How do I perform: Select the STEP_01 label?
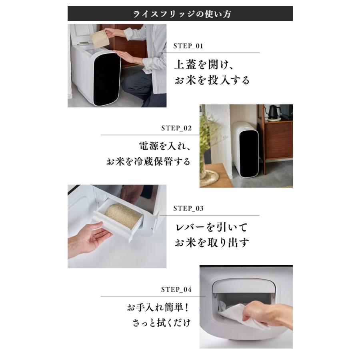[188, 46]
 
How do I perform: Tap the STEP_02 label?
[176, 128]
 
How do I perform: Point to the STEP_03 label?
[188, 209]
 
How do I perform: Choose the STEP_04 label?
[176, 289]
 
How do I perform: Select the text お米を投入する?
[212, 80]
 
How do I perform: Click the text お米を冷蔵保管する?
[148, 162]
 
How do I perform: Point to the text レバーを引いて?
[212, 227]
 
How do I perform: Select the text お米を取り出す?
[212, 243]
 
